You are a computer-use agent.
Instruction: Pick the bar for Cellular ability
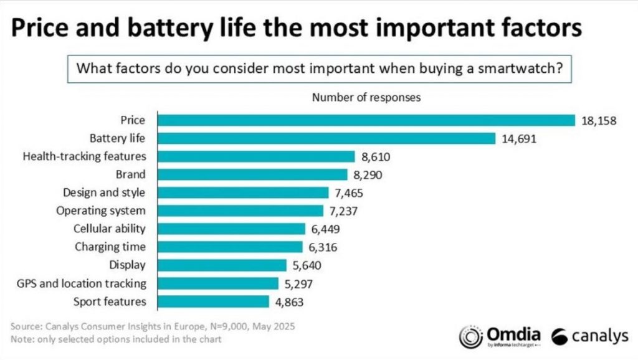231,229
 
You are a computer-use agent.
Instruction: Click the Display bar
222,265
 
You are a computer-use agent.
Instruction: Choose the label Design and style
104,192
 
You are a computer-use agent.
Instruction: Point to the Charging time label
110,247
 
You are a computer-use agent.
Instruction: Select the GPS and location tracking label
82,283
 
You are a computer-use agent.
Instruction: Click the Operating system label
101,211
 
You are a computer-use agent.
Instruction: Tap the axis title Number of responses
366,97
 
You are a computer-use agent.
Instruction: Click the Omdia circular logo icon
469,336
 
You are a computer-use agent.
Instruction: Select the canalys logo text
599,337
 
